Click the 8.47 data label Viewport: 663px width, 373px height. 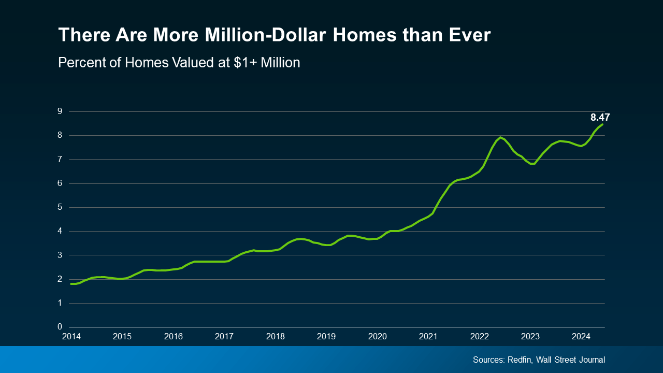[600, 118]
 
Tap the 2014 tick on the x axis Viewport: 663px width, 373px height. [71, 337]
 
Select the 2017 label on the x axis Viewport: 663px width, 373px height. [224, 337]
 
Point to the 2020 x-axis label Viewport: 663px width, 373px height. [377, 337]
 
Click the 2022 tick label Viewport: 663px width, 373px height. [479, 337]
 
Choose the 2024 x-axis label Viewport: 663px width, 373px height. [581, 337]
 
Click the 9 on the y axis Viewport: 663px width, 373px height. [60, 111]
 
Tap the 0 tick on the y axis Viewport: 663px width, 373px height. [60, 327]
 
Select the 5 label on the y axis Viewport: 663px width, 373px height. [60, 207]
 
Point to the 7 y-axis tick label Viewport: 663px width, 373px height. [60, 160]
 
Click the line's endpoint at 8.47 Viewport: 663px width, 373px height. [602, 124]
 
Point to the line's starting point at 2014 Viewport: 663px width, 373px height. [71, 283]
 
